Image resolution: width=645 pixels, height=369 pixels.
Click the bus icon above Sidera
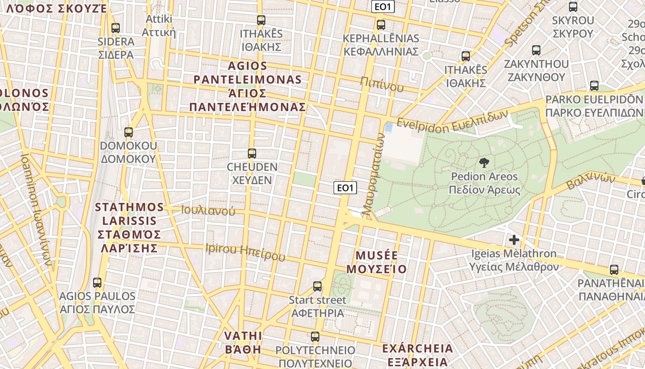tap(116, 28)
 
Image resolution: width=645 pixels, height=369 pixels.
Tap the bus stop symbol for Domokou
tap(129, 132)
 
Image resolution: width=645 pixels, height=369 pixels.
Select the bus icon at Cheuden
tap(252, 154)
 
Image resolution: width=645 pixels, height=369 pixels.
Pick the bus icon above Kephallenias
tap(381, 25)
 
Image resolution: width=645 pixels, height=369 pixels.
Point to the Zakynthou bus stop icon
tap(536, 50)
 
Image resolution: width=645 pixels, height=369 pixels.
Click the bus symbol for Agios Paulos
tap(97, 283)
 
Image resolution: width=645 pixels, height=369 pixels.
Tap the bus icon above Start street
tap(317, 286)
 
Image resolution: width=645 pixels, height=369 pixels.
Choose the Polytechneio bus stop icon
tap(315, 337)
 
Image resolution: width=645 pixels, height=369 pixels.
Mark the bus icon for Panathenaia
tap(614, 270)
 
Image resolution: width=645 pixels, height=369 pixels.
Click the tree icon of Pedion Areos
tap(484, 162)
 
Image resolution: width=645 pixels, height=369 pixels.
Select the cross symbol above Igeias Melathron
tap(514, 240)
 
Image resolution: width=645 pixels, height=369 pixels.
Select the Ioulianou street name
tap(208, 211)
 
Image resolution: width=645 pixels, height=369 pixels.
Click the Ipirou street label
tap(245, 252)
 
